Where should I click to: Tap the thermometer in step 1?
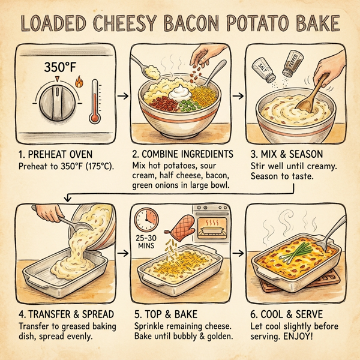click(94, 103)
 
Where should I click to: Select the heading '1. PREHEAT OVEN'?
click(54, 154)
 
